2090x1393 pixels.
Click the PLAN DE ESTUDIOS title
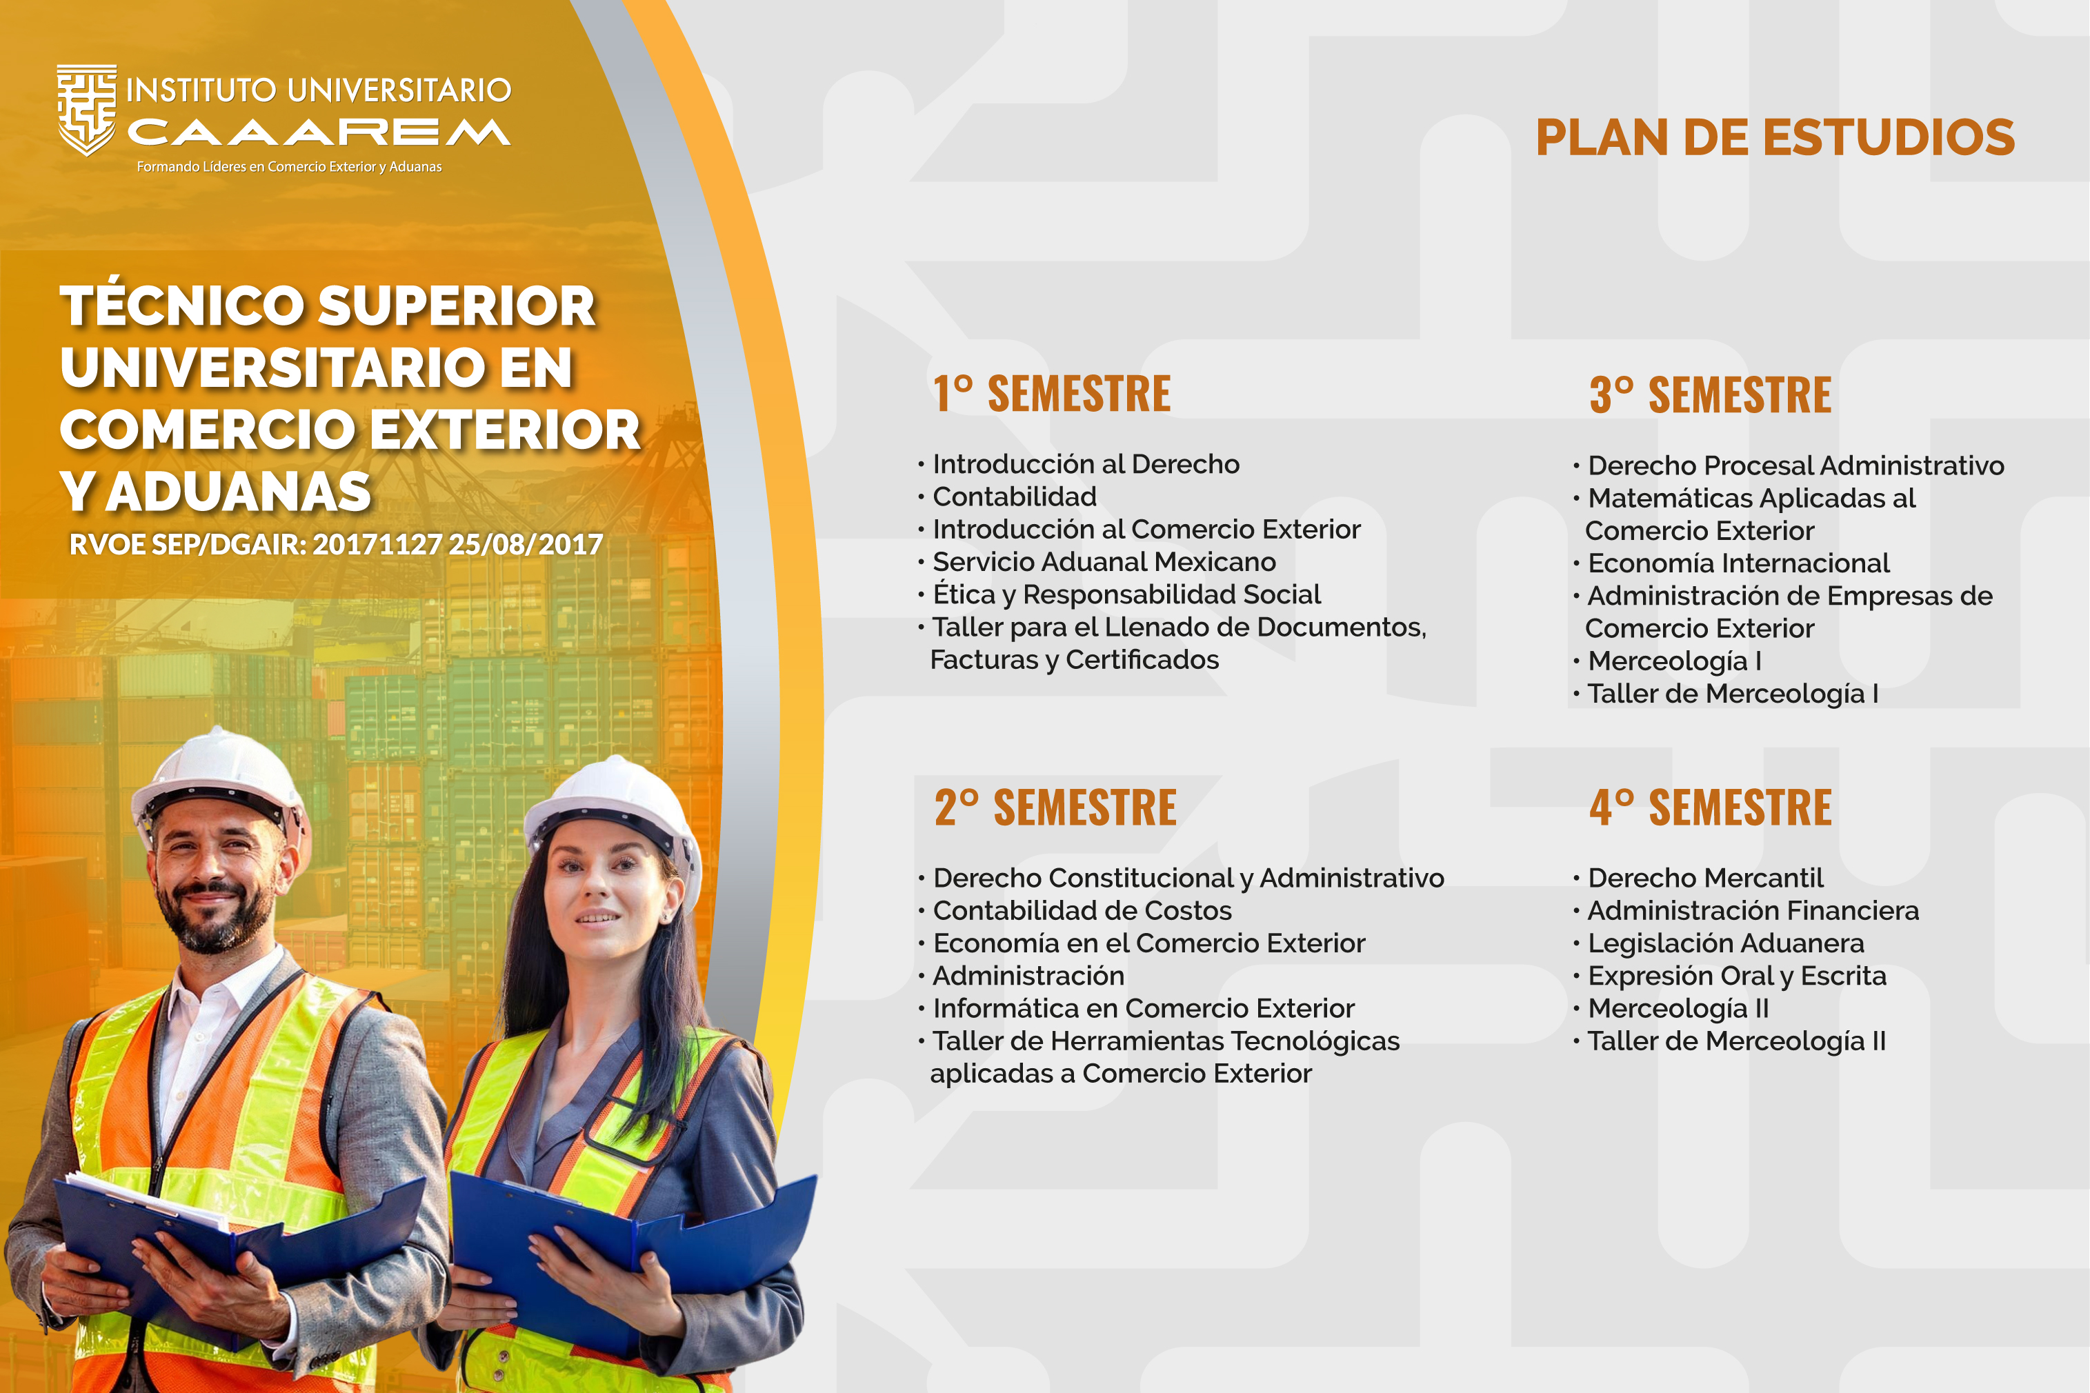pyautogui.click(x=1775, y=138)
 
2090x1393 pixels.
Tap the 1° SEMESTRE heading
pyautogui.click(x=1052, y=394)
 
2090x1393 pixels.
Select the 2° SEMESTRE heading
pyautogui.click(x=1055, y=808)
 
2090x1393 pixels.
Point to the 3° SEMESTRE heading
pyautogui.click(x=1711, y=394)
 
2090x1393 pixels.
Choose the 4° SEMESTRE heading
pyautogui.click(x=1711, y=808)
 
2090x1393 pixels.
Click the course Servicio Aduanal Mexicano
pyautogui.click(x=1104, y=561)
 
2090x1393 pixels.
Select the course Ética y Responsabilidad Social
pyautogui.click(x=1127, y=594)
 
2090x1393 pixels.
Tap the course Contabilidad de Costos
pyautogui.click(x=1082, y=910)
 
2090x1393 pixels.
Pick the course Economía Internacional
pyautogui.click(x=1738, y=563)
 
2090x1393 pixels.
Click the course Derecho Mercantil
pyautogui.click(x=1705, y=878)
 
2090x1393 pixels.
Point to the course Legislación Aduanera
pyautogui.click(x=1726, y=943)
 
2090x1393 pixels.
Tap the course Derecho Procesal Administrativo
pyautogui.click(x=1796, y=465)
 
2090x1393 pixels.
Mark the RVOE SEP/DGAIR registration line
pyautogui.click(x=336, y=543)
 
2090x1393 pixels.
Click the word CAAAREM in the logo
pyautogui.click(x=319, y=132)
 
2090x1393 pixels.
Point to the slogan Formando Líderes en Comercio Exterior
pyautogui.click(x=289, y=167)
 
